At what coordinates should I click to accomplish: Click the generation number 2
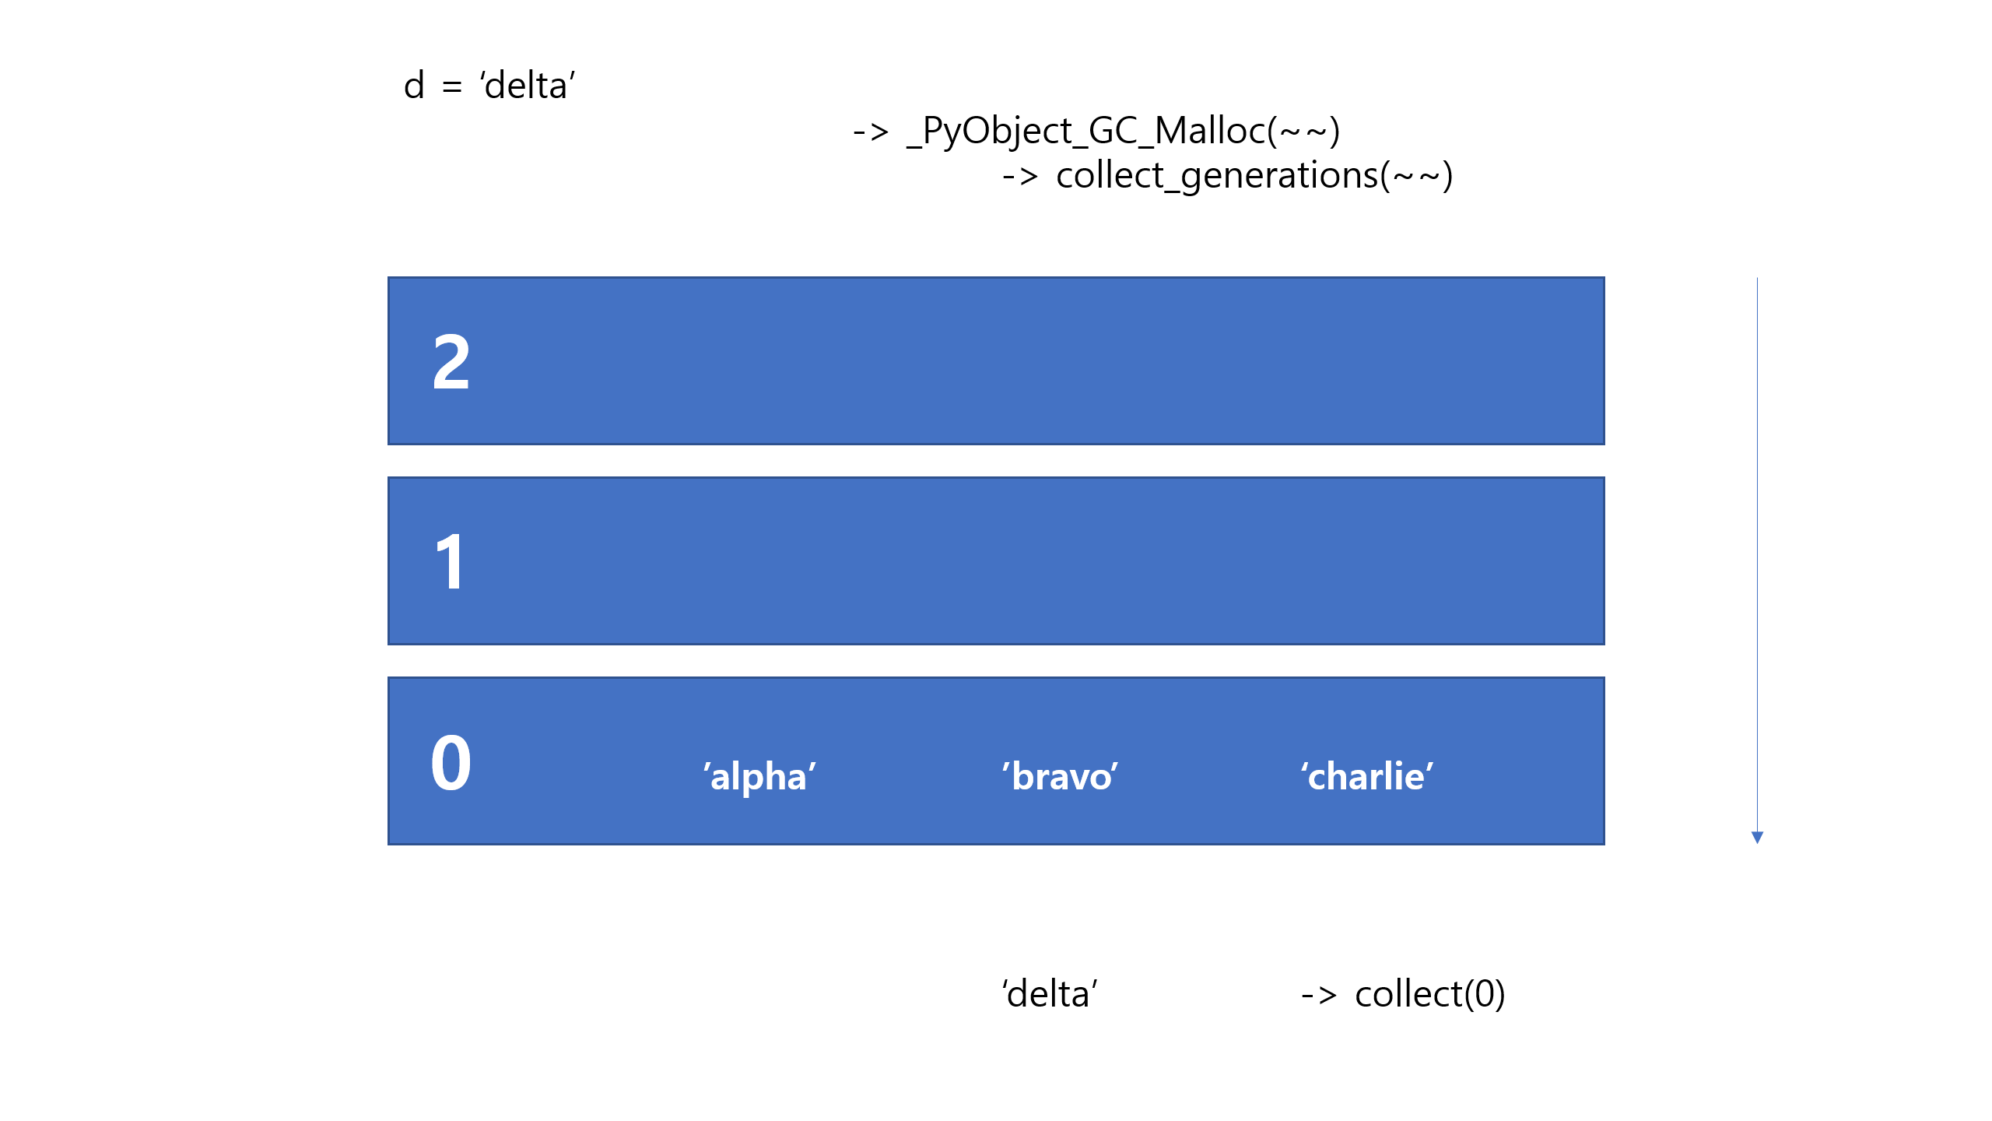tap(451, 362)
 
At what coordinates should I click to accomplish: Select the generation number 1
tap(451, 562)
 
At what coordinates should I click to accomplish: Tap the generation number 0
tap(451, 763)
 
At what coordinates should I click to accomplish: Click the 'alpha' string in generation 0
tap(759, 776)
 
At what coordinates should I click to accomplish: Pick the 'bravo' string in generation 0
tap(1060, 776)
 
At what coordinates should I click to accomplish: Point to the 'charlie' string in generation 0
tap(1367, 776)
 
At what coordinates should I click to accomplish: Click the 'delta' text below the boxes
tap(1050, 994)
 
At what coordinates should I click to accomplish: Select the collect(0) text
tap(1429, 994)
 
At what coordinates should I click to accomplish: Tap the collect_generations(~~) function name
tap(1254, 175)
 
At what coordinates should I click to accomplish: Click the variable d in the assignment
tap(414, 85)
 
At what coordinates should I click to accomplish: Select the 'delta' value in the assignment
tap(528, 85)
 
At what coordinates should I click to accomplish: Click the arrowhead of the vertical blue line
tap(1757, 838)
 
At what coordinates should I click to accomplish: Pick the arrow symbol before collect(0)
tap(1319, 996)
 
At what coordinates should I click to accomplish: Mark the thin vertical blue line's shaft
tap(1757, 545)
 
